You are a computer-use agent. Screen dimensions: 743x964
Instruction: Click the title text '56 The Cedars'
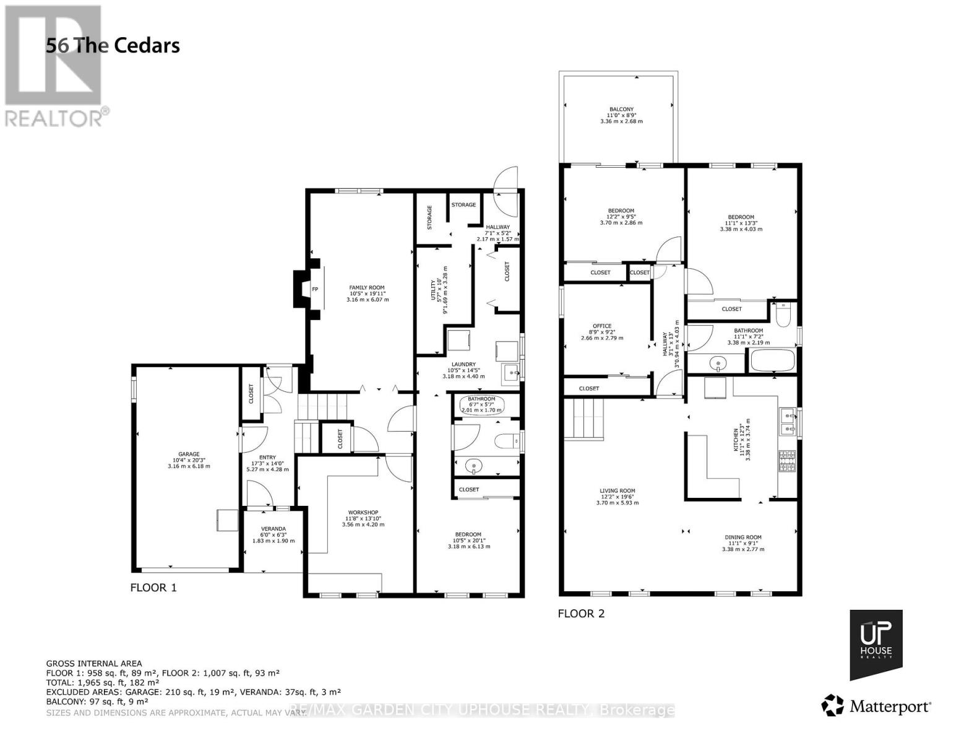click(113, 46)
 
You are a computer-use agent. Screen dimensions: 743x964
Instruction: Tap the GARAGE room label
click(189, 454)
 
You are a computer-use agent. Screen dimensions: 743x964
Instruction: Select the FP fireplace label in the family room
click(314, 289)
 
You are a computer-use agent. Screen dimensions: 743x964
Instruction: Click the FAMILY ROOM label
click(367, 287)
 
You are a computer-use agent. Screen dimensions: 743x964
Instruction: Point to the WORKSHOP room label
click(363, 513)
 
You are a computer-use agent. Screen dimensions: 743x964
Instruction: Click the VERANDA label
click(273, 529)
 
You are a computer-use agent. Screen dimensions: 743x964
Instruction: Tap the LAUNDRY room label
click(463, 364)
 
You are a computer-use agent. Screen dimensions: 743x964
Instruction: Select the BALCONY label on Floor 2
click(621, 110)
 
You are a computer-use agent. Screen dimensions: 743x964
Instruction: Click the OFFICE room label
click(601, 326)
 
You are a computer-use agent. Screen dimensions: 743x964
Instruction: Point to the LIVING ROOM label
click(617, 491)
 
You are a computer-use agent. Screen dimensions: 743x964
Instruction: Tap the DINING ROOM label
click(743, 537)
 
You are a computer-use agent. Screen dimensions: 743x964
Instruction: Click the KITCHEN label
click(736, 440)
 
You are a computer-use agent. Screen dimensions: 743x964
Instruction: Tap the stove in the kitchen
click(786, 461)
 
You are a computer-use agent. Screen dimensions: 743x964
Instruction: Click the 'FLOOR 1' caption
click(153, 588)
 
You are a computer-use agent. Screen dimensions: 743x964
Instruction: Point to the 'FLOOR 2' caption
click(581, 614)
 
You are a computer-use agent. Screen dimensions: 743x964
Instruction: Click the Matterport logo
click(876, 706)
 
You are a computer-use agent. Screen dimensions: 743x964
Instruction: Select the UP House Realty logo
click(876, 644)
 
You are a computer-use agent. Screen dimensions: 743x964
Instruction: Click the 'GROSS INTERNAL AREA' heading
click(94, 664)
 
